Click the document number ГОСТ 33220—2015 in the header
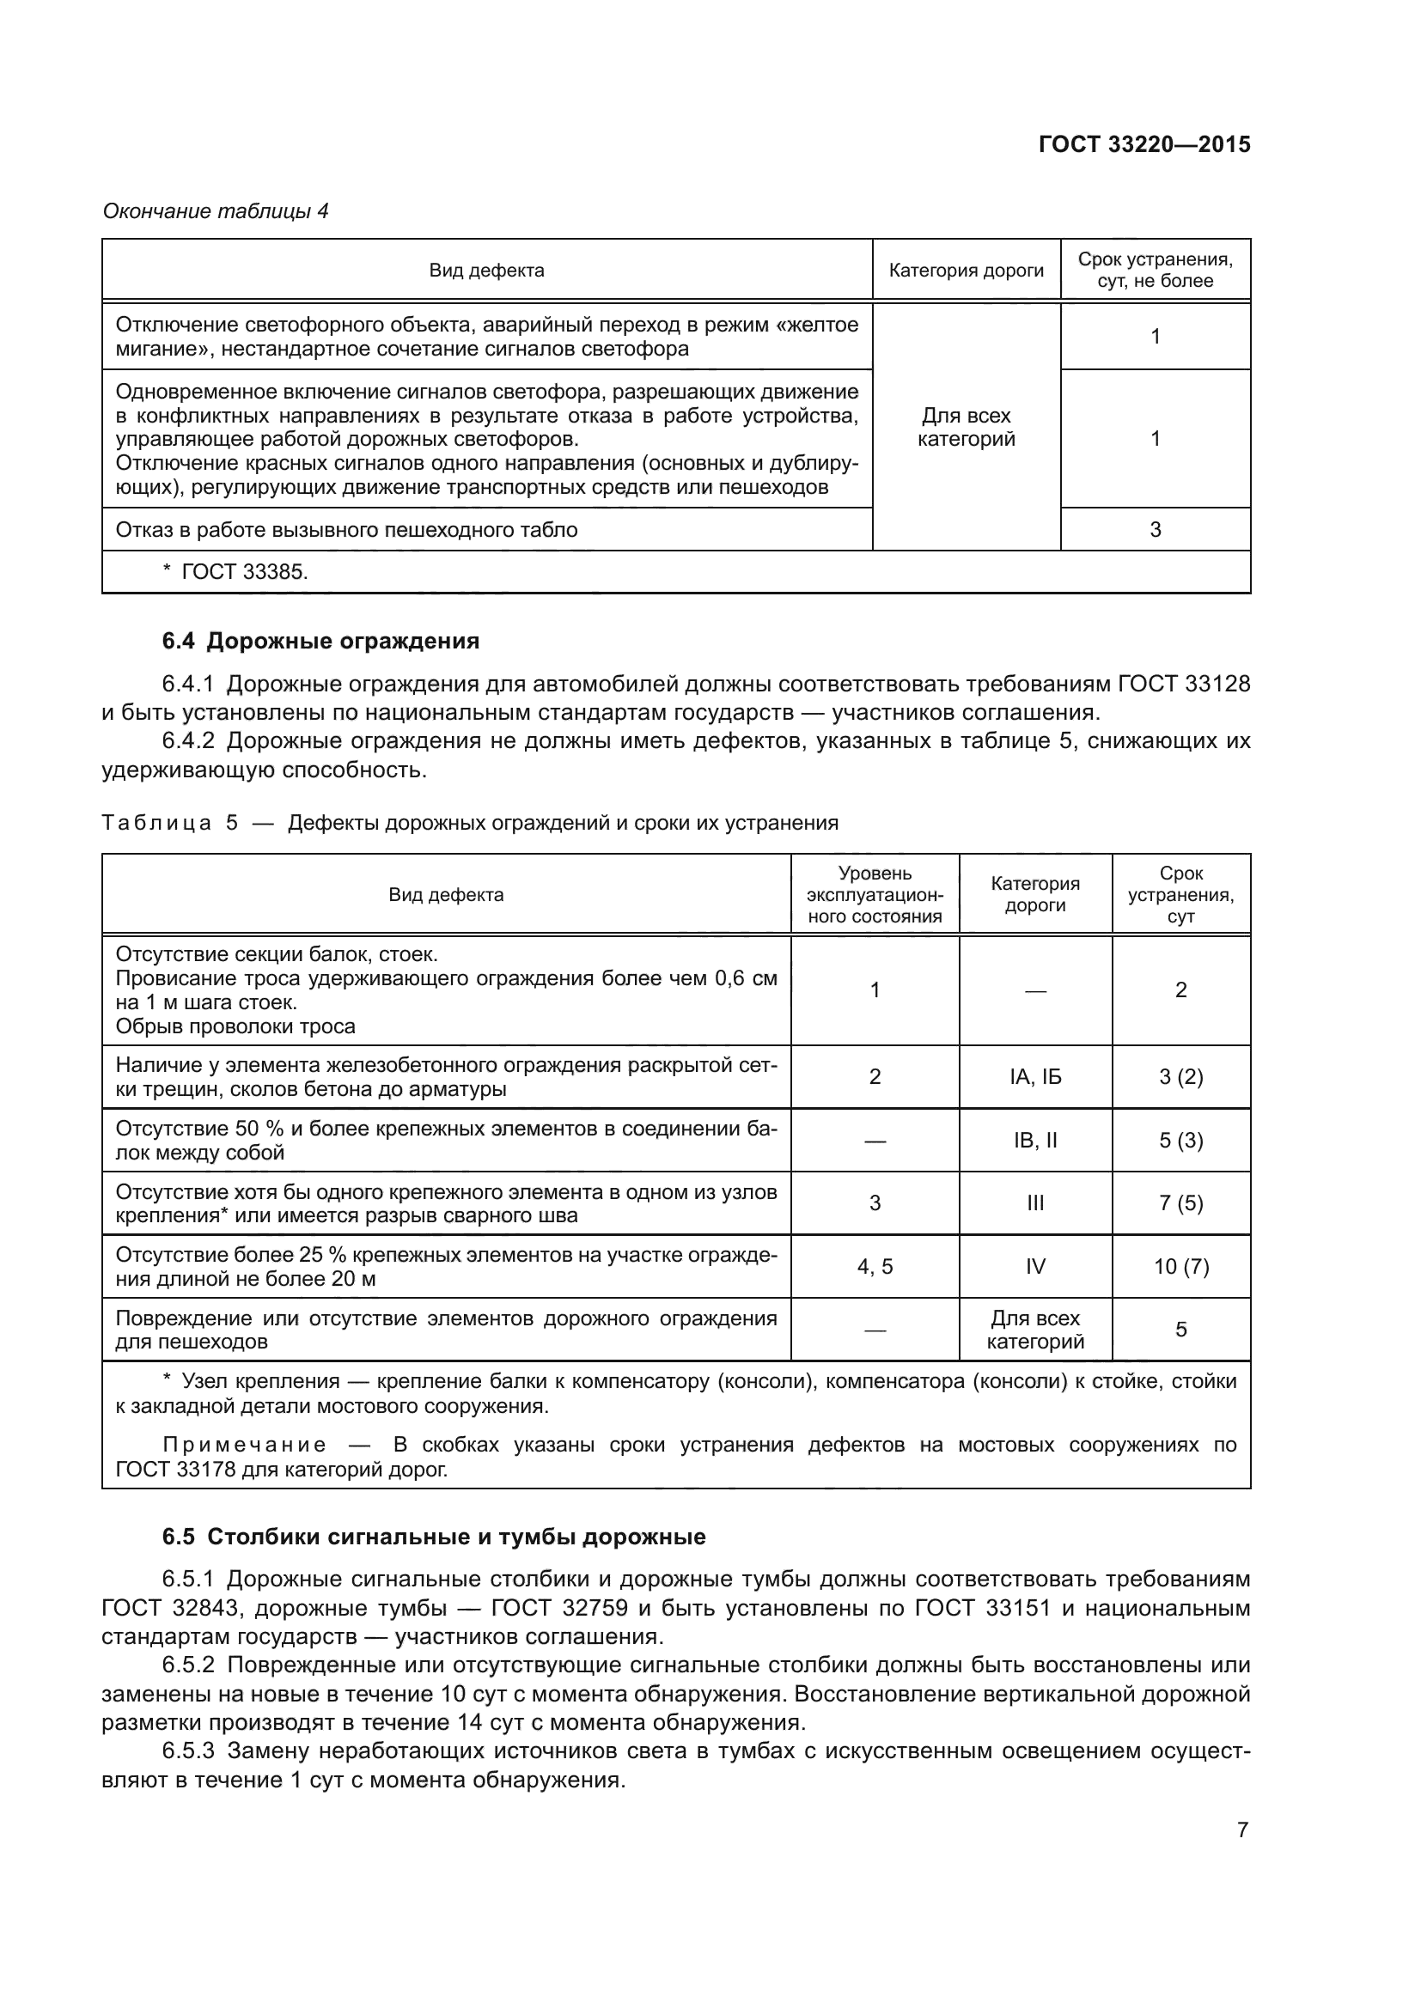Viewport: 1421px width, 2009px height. [1144, 144]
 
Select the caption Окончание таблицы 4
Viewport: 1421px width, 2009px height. [216, 211]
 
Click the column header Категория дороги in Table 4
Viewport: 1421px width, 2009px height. [966, 271]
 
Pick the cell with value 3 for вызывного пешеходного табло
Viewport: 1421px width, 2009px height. [1155, 529]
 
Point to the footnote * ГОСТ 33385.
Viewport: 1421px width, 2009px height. [235, 572]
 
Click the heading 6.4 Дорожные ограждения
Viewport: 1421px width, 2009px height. [320, 642]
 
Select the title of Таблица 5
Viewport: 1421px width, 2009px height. [470, 823]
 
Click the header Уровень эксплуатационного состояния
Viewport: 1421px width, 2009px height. [874, 894]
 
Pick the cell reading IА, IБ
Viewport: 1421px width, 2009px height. [1035, 1077]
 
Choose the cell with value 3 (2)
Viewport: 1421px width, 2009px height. [1180, 1077]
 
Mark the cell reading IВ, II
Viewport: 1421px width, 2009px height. [1035, 1140]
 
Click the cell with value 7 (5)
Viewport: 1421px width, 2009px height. [1180, 1203]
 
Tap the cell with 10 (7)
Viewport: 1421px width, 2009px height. [1180, 1266]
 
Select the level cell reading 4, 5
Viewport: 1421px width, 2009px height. [874, 1266]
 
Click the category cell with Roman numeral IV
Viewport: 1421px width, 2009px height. [1035, 1266]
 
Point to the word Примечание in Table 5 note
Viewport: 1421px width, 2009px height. [244, 1445]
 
